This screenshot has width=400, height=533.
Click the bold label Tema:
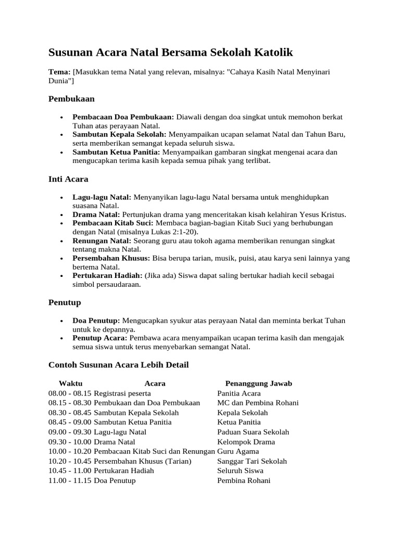(x=59, y=72)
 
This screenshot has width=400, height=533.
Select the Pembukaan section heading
(x=71, y=98)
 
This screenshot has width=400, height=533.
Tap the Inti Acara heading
(x=68, y=179)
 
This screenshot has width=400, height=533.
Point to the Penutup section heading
(x=65, y=302)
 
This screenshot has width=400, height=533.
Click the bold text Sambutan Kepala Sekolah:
(x=119, y=134)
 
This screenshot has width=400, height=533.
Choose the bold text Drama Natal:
(x=96, y=214)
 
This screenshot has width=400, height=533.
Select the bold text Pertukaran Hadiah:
(x=107, y=275)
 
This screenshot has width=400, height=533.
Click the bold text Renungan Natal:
(x=102, y=241)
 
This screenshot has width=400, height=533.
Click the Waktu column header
(x=70, y=384)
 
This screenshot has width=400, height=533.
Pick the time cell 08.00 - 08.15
(x=70, y=394)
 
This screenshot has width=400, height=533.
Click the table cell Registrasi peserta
(x=122, y=394)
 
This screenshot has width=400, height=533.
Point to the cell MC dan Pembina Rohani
(x=258, y=403)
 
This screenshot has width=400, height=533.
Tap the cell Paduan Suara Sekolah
(x=253, y=432)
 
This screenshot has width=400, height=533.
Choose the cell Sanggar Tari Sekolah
(x=252, y=461)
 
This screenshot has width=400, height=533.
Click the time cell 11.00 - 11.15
(x=70, y=480)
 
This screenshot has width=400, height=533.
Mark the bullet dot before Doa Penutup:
(x=62, y=321)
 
